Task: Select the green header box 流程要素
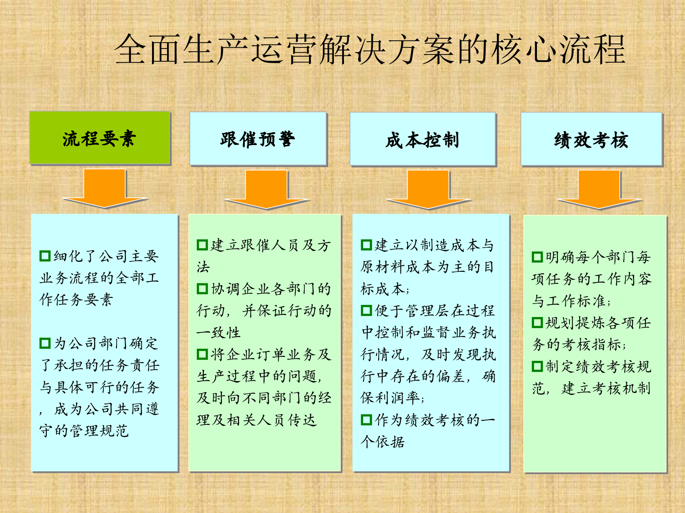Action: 100,138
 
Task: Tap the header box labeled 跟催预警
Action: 258,139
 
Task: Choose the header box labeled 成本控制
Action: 422,139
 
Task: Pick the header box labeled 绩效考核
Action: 591,139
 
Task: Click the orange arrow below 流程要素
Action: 105,189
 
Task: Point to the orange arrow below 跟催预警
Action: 267,190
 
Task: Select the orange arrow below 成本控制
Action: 428,190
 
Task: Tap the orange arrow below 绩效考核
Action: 599,190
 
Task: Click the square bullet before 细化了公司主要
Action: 45,256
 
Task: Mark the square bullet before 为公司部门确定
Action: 45,343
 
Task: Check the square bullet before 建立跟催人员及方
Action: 202,245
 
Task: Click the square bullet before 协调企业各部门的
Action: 202,289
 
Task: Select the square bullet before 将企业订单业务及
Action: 202,354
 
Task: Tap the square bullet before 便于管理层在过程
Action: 366,310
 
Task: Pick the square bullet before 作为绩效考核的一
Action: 366,420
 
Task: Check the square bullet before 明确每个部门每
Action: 537,256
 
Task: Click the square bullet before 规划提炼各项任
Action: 537,322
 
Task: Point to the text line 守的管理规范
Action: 84,431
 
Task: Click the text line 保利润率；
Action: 392,398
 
